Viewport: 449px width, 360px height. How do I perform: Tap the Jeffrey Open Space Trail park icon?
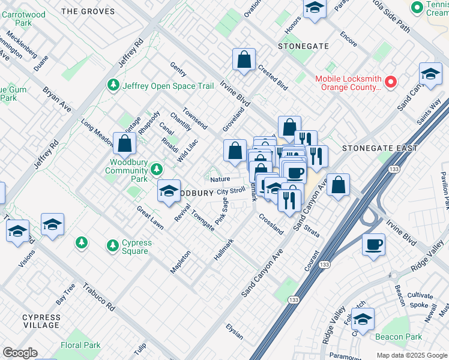click(112, 86)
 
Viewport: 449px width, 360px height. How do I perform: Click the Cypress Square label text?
click(127, 247)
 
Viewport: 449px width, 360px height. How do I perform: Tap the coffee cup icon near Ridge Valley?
click(373, 245)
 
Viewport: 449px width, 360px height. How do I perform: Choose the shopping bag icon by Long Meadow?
click(124, 144)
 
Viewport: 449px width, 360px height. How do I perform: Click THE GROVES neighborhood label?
click(88, 11)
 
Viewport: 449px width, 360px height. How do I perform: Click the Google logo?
click(20, 353)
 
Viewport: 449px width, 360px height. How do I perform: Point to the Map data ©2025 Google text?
click(411, 355)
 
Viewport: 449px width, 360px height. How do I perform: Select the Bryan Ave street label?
click(56, 100)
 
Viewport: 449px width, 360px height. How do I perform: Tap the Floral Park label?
click(80, 345)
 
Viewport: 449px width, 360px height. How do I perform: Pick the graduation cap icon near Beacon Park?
click(363, 319)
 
